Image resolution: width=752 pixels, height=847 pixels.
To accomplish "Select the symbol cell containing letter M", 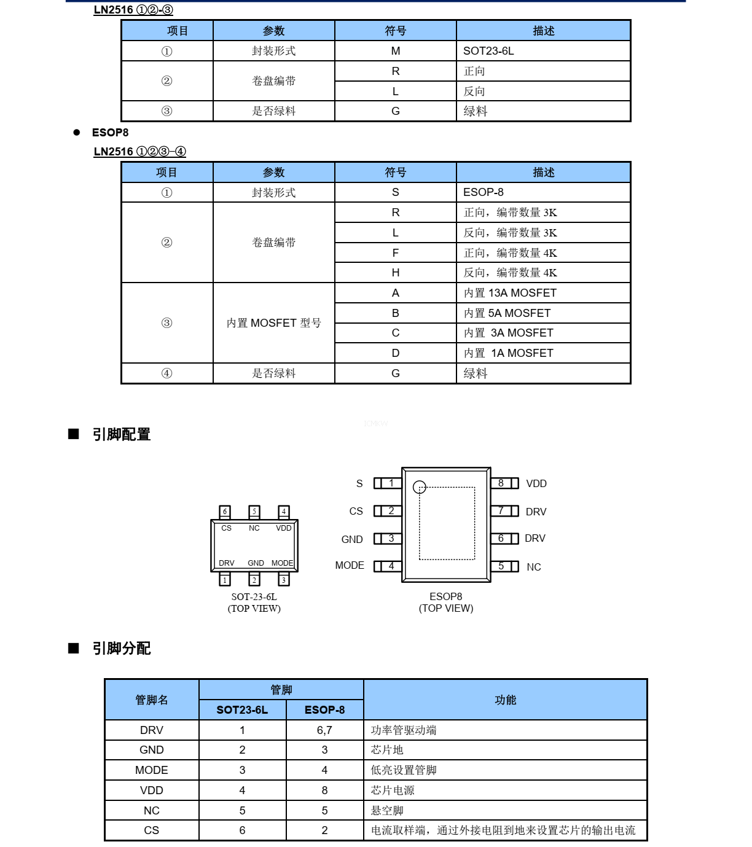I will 395,51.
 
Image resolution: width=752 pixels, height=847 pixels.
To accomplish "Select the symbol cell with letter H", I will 395,273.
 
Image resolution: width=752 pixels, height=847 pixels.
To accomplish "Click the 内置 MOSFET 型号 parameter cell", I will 273,323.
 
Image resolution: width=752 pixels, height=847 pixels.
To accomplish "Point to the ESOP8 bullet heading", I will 110,133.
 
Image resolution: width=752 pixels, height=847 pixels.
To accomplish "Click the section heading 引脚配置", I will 121,435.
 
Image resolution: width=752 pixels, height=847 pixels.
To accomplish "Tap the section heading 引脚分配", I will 121,649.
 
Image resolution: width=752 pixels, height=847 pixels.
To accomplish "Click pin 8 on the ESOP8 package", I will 504,483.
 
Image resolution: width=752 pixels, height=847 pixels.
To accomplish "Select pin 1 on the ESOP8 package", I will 388,483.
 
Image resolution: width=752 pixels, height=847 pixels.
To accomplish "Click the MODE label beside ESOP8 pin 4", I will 350,566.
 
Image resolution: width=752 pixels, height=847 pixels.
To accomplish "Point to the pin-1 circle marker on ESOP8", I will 420,487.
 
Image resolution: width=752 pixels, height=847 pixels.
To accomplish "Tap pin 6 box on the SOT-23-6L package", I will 225,512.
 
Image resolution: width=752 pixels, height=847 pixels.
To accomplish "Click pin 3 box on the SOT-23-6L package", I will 283,580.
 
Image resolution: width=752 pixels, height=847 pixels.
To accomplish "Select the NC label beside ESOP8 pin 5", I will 534,567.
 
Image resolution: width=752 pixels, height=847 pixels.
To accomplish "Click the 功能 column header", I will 505,700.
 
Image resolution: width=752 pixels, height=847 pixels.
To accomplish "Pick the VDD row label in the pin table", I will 151,790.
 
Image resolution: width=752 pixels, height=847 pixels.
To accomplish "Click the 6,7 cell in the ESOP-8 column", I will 324,730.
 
